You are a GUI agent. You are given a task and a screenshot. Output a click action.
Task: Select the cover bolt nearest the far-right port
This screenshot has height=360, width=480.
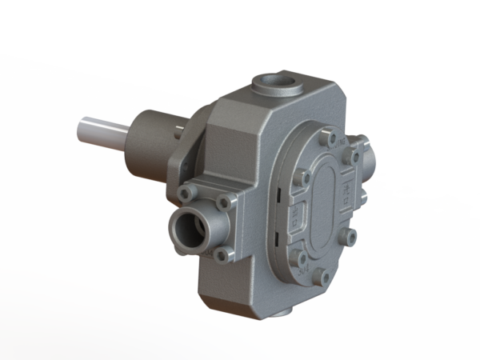[352, 164]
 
